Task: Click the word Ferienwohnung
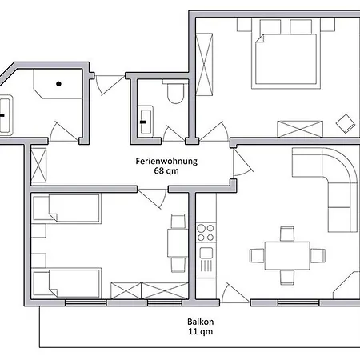[166, 162]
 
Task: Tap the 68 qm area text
[166, 171]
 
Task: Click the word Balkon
[201, 322]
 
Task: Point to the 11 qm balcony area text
[201, 332]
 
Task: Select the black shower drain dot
[58, 84]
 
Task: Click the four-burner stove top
[206, 233]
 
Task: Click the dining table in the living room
[287, 256]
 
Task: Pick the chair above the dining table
[287, 234]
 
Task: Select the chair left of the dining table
[257, 255]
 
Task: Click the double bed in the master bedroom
[286, 60]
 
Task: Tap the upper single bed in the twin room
[66, 209]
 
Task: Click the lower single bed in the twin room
[66, 283]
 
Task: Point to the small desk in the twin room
[178, 243]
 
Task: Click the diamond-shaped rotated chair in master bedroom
[346, 123]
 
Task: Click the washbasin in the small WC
[146, 122]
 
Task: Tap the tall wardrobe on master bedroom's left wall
[204, 64]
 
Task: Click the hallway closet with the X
[38, 166]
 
